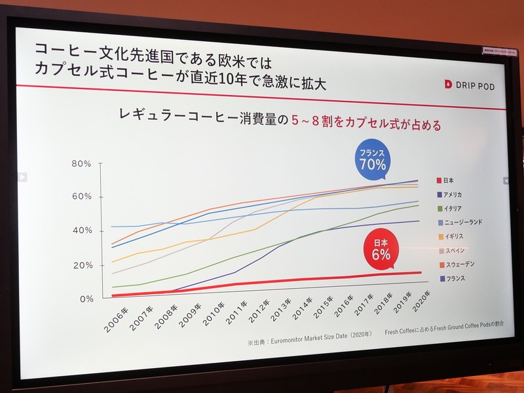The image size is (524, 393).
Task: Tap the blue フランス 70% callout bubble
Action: click(x=371, y=160)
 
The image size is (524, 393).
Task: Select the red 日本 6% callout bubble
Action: click(x=381, y=250)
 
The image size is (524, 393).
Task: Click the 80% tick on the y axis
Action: click(x=81, y=163)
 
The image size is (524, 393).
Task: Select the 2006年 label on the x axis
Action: click(x=116, y=317)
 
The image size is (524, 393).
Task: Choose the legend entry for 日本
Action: click(x=449, y=180)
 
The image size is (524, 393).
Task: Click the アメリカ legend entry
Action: click(x=453, y=195)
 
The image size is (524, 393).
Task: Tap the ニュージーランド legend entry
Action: click(x=462, y=223)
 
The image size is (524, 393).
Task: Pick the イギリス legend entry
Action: click(x=453, y=236)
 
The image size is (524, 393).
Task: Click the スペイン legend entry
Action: click(x=453, y=250)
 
